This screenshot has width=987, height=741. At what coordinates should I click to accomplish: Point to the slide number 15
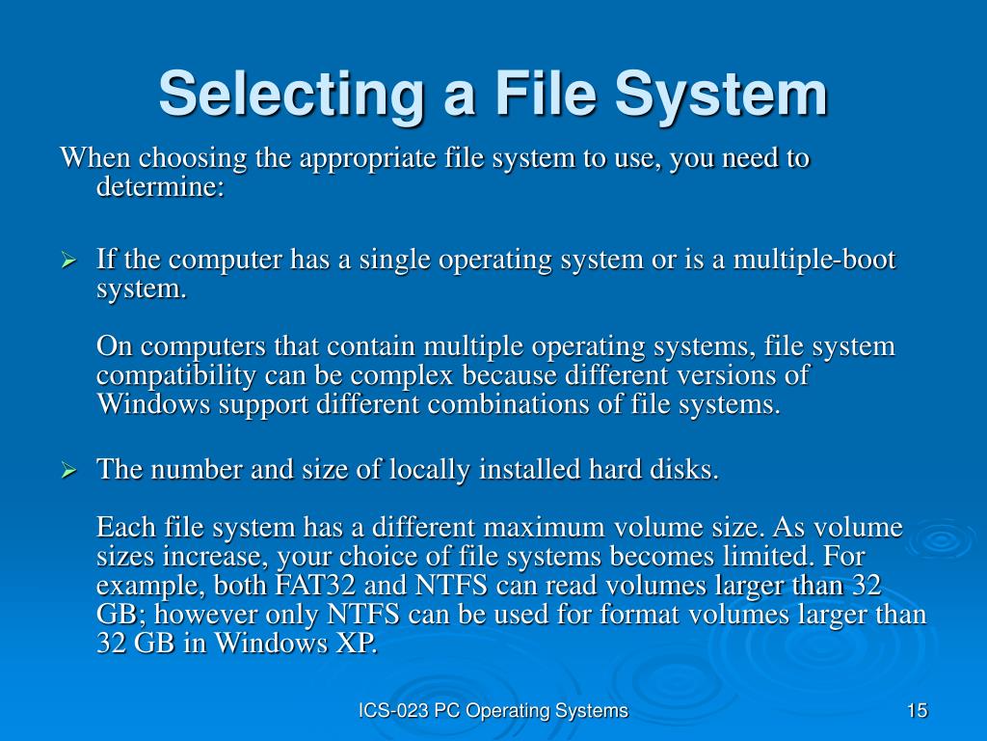click(917, 711)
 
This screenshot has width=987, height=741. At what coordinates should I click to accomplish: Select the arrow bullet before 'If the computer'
click(69, 261)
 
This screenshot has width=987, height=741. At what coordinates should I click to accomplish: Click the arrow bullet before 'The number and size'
click(69, 471)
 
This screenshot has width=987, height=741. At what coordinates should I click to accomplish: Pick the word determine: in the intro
click(160, 186)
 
